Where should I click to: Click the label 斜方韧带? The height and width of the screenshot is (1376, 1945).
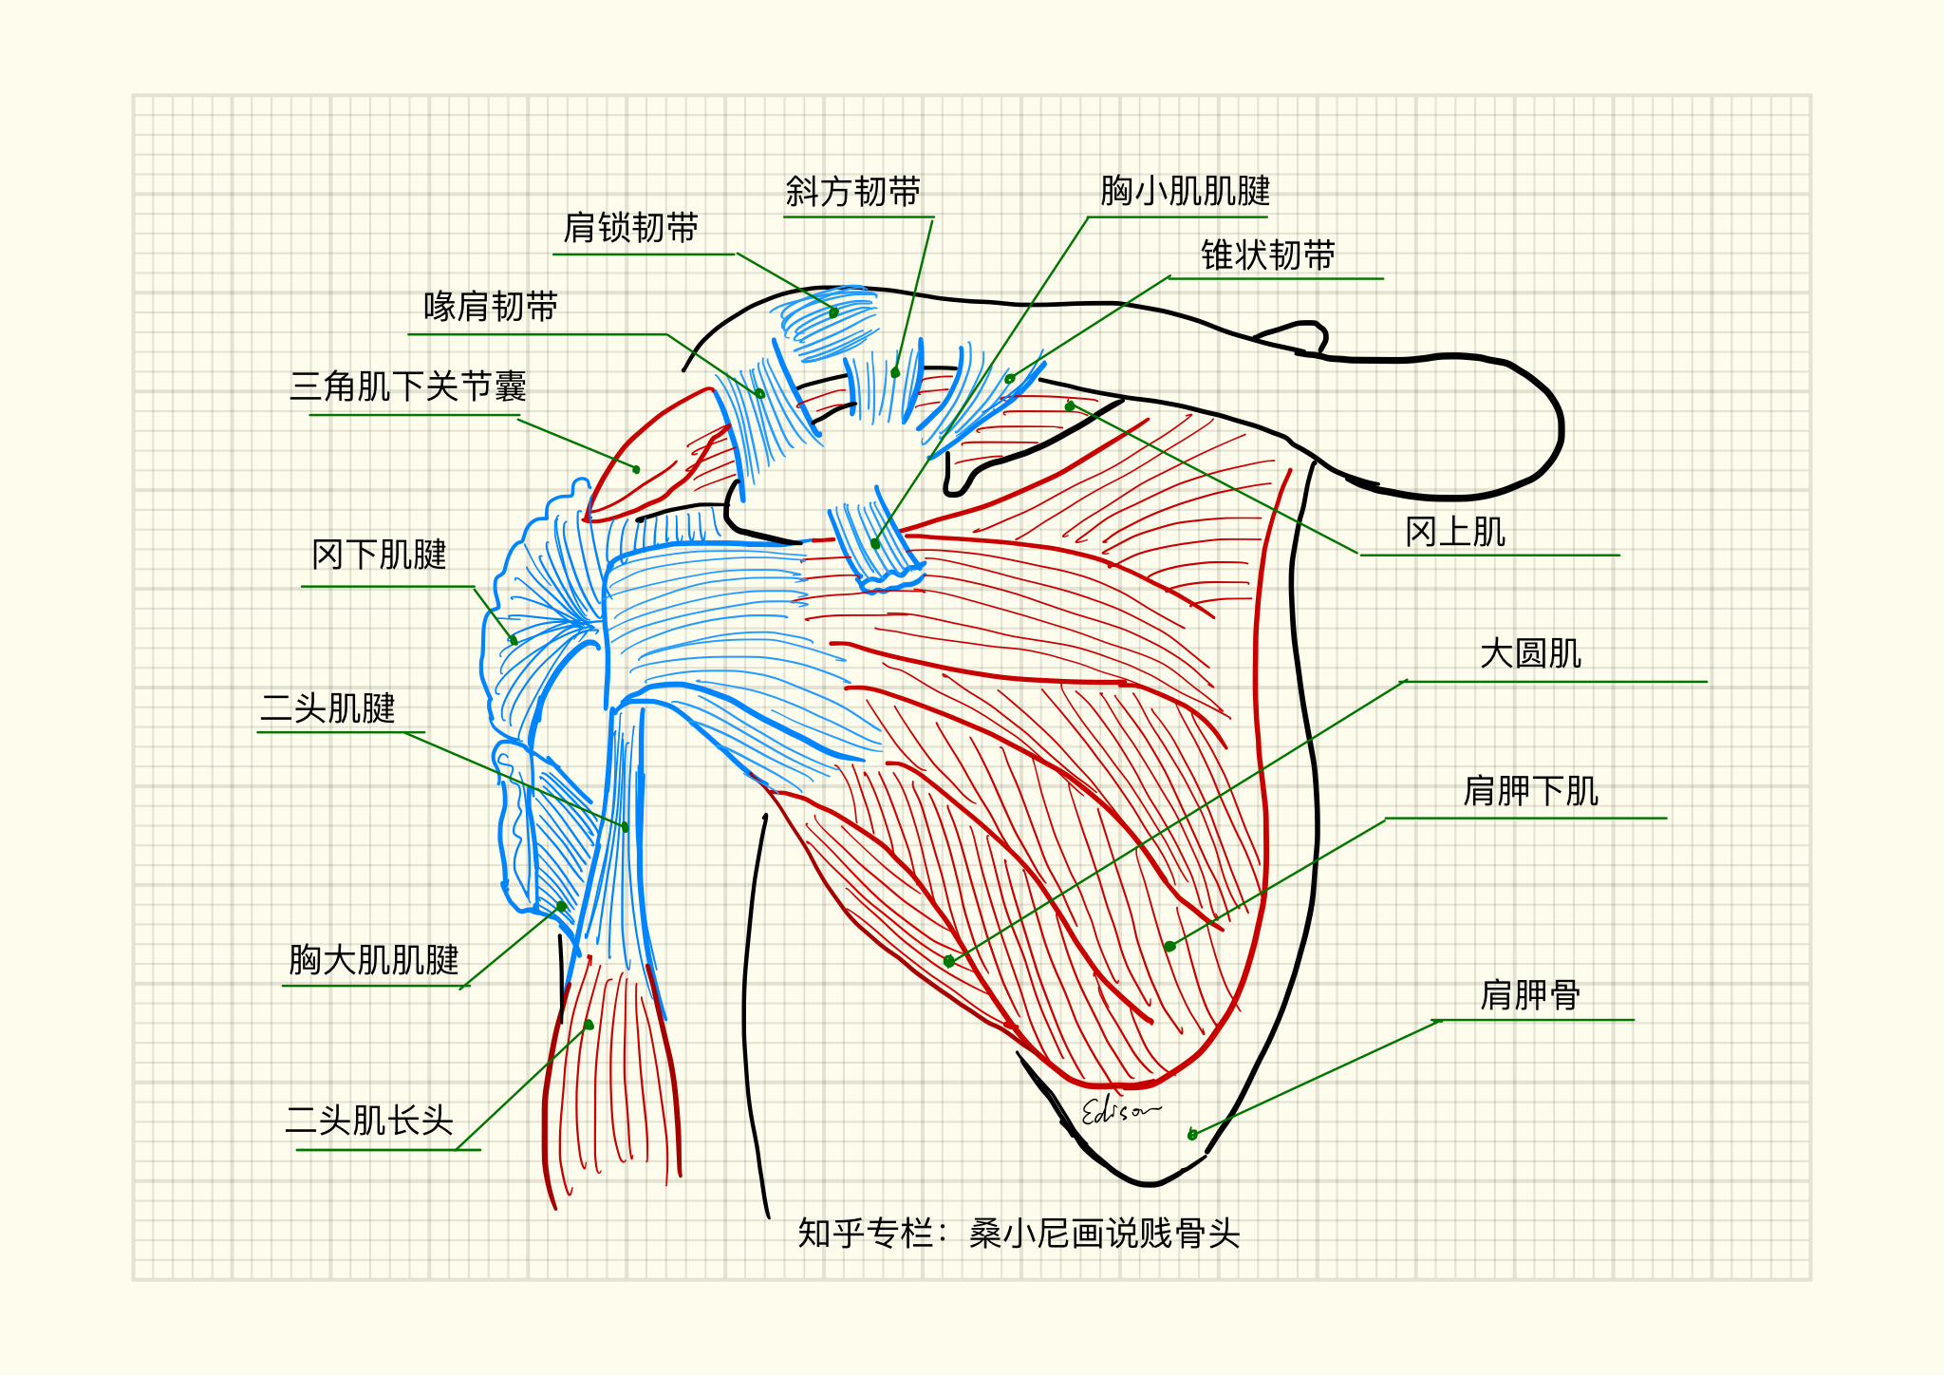tap(852, 192)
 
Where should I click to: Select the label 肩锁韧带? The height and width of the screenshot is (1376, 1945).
tap(630, 228)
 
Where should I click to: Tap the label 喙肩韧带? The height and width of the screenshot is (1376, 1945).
tap(490, 307)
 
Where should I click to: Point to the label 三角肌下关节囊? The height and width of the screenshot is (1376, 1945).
tap(408, 386)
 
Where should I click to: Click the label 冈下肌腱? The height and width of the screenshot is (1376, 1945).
tap(379, 555)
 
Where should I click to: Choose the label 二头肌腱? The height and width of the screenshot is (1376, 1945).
tap(327, 708)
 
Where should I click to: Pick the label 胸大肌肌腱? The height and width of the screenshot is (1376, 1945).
tap(373, 959)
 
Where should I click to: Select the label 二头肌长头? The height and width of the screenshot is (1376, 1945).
tap(369, 1121)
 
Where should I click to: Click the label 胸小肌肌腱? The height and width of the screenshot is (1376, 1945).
tap(1185, 191)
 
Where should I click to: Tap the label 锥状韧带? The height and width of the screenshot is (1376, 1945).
tap(1267, 255)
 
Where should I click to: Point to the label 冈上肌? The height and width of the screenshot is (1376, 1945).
tap(1455, 532)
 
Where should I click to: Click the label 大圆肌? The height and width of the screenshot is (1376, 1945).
tap(1530, 653)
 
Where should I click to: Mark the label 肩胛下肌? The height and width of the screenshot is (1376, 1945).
tap(1530, 791)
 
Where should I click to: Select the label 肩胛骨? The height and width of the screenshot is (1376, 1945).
tap(1530, 995)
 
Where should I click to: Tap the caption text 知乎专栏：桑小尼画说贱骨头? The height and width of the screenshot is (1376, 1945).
tap(1019, 1234)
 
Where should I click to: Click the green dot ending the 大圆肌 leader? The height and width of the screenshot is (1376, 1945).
tap(949, 961)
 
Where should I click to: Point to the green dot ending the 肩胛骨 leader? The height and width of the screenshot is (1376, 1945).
tap(1192, 1134)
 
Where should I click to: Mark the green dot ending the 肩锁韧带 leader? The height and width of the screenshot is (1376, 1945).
tap(833, 312)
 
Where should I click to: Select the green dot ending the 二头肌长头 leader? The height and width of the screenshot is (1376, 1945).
tap(589, 1025)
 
